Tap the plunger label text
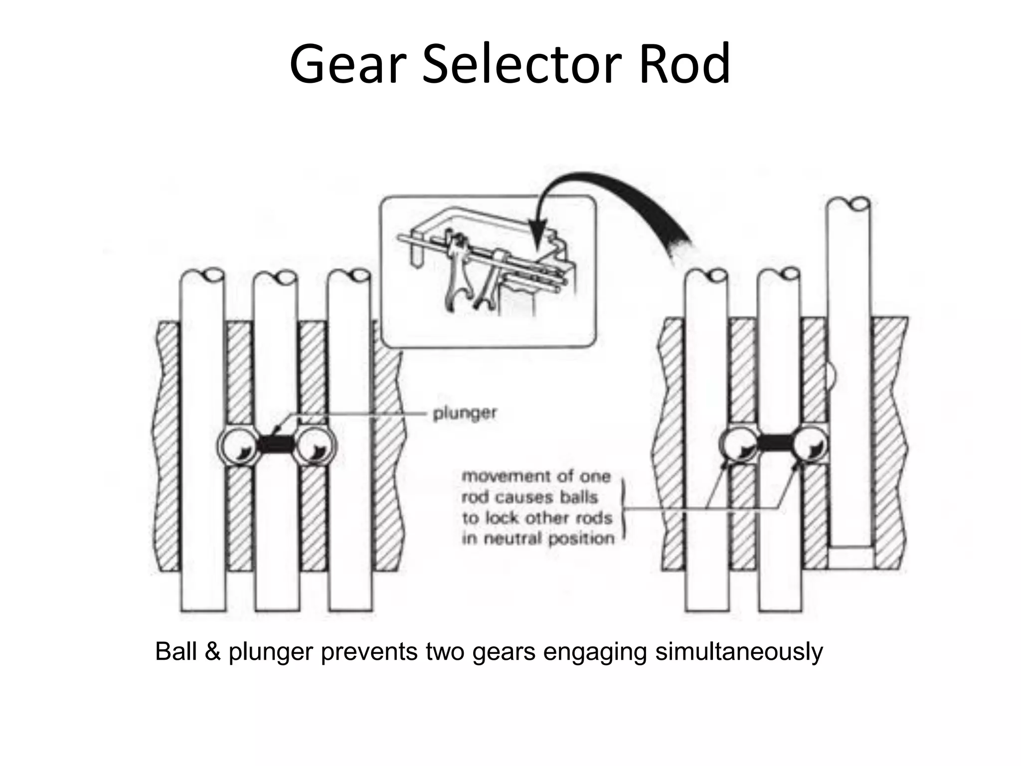(465, 413)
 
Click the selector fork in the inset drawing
(456, 279)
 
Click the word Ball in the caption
(175, 652)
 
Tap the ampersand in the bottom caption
(212, 652)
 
